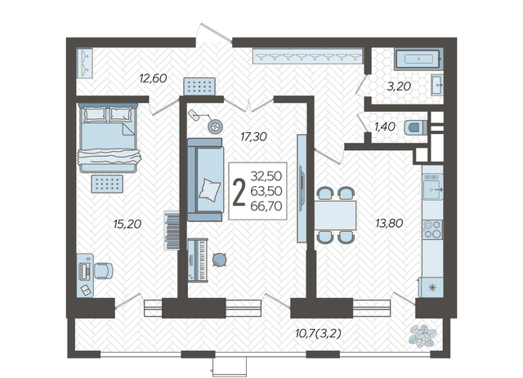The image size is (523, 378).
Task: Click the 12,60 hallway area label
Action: coord(153,78)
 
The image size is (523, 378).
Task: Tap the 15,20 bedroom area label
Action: coord(127,224)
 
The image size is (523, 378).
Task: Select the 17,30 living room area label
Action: coord(253,136)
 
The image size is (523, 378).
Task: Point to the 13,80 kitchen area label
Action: coord(389,223)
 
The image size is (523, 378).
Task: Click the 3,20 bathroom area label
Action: coord(399,87)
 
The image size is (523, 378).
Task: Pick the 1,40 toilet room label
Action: coord(385,127)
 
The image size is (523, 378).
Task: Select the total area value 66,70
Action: coord(266,207)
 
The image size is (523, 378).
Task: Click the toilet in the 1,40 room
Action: coord(416,127)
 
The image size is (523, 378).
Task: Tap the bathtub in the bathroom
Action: coord(419,60)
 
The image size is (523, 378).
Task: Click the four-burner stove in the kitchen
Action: coord(432,229)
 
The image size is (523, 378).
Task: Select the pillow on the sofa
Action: coord(209,189)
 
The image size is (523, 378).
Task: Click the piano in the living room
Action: coord(198,260)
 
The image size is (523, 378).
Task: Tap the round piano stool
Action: coord(219,259)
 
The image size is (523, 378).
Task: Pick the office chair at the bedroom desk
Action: coord(104,270)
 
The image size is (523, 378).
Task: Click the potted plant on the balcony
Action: coord(423,336)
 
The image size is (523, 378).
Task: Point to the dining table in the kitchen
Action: coord(335,215)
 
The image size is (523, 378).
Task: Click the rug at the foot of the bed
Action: coord(107,184)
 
